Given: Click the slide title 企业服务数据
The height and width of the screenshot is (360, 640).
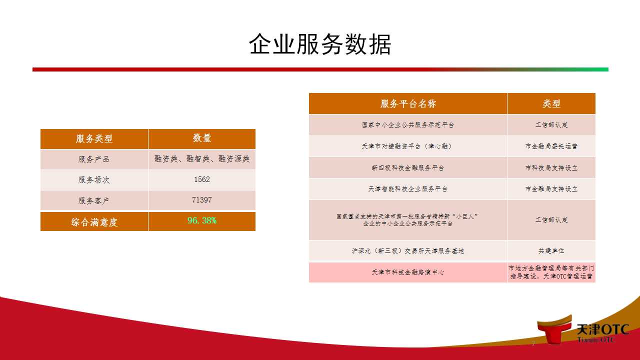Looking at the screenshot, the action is (320, 44).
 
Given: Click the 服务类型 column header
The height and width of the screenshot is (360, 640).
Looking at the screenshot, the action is (94, 139).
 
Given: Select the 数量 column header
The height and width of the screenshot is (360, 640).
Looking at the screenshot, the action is (202, 138).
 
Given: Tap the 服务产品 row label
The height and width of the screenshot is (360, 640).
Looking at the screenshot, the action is (94, 159).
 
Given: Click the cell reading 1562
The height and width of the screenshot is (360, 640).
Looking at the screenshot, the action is (202, 179).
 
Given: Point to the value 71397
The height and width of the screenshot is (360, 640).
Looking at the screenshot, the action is (202, 200).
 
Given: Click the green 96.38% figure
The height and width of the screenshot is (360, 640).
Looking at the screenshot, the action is (202, 220).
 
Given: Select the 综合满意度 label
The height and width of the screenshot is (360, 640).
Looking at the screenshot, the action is (94, 222).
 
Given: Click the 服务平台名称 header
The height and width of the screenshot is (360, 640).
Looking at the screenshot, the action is (408, 103).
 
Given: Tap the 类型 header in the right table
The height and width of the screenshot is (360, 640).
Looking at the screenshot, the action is (551, 103).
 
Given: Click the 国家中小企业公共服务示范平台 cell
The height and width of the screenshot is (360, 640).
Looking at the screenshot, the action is (408, 125).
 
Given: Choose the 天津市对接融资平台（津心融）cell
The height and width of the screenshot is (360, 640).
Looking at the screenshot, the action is (408, 146).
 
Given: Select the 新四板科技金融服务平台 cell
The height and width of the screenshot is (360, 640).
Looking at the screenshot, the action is (408, 167).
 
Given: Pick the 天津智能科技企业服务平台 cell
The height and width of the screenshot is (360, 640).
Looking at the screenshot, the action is (408, 189).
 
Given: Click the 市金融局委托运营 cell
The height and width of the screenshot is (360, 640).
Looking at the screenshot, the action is (551, 146).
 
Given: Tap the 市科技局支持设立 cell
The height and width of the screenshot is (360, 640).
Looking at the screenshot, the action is (551, 167).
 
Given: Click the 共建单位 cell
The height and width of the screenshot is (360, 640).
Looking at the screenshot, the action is (551, 251).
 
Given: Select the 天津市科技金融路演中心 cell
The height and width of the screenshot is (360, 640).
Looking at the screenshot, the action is (408, 272).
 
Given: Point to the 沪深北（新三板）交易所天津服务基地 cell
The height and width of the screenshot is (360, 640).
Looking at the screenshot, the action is (408, 251).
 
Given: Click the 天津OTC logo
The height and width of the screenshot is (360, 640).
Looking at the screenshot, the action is (583, 330).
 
